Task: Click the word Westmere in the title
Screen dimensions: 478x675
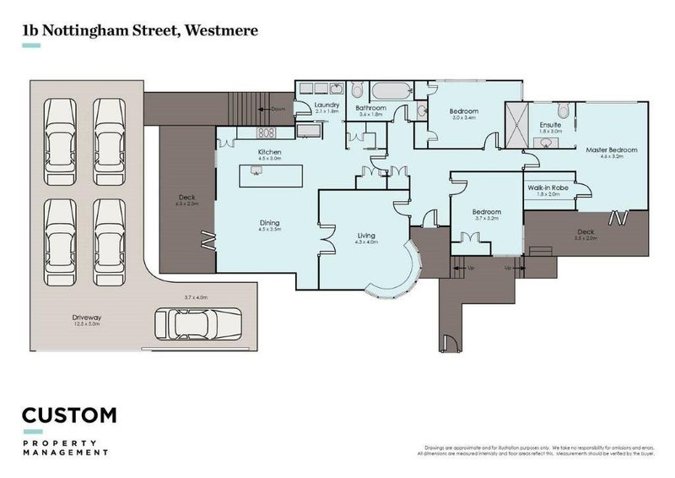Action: pos(217,30)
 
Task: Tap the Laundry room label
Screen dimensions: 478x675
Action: pos(327,106)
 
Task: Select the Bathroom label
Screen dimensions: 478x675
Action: pos(370,108)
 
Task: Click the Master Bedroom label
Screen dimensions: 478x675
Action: pos(611,149)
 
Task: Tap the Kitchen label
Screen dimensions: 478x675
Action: pos(269,152)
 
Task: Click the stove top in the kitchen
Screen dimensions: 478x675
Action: pos(266,133)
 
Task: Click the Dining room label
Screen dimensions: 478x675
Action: pos(269,223)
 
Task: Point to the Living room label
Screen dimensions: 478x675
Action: pos(366,235)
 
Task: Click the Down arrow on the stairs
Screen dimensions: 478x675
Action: pos(278,109)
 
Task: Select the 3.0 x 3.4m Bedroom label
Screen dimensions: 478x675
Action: pos(463,111)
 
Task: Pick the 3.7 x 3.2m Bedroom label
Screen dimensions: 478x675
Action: pos(487,212)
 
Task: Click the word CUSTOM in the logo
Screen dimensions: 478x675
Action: pos(69,416)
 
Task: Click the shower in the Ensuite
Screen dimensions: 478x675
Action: pos(516,122)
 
